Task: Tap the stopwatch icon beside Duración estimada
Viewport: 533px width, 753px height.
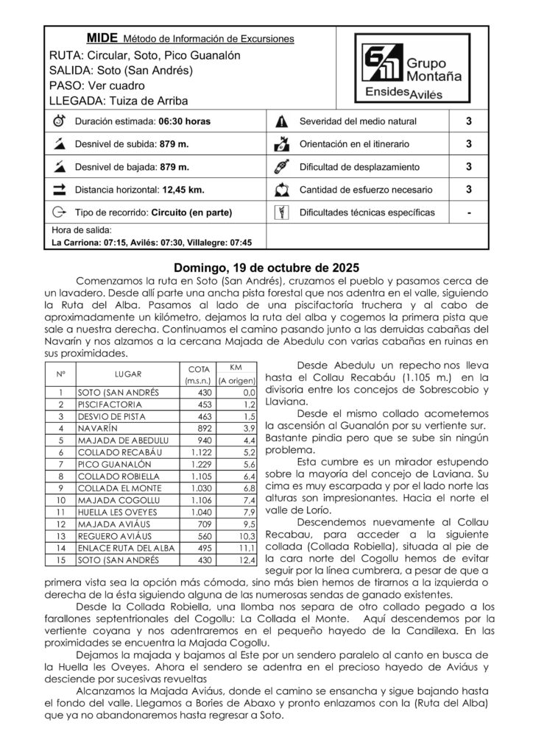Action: tap(59, 121)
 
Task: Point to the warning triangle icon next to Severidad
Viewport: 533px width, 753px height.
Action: tap(280, 121)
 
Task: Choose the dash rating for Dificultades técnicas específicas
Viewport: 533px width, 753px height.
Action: tap(469, 213)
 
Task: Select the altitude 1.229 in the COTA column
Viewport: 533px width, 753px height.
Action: tap(201, 464)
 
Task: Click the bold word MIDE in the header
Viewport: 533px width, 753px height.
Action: tap(102, 37)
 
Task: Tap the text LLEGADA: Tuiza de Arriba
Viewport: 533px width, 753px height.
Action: tap(118, 100)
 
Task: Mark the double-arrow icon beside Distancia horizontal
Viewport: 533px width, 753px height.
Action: tap(59, 190)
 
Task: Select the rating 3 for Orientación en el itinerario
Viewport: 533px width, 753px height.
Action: tap(469, 144)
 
